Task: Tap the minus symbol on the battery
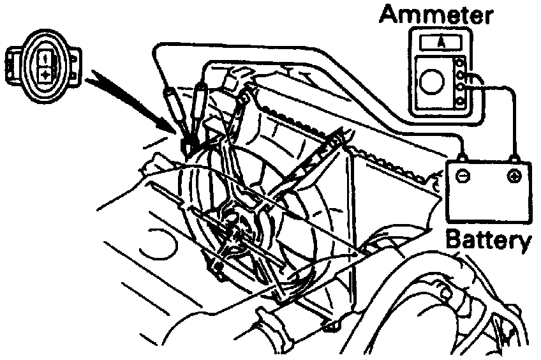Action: [464, 176]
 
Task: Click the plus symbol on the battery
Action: [512, 176]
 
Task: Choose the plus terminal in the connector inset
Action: [47, 75]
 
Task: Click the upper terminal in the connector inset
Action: [47, 58]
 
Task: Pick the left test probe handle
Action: [173, 109]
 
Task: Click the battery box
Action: [488, 191]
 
